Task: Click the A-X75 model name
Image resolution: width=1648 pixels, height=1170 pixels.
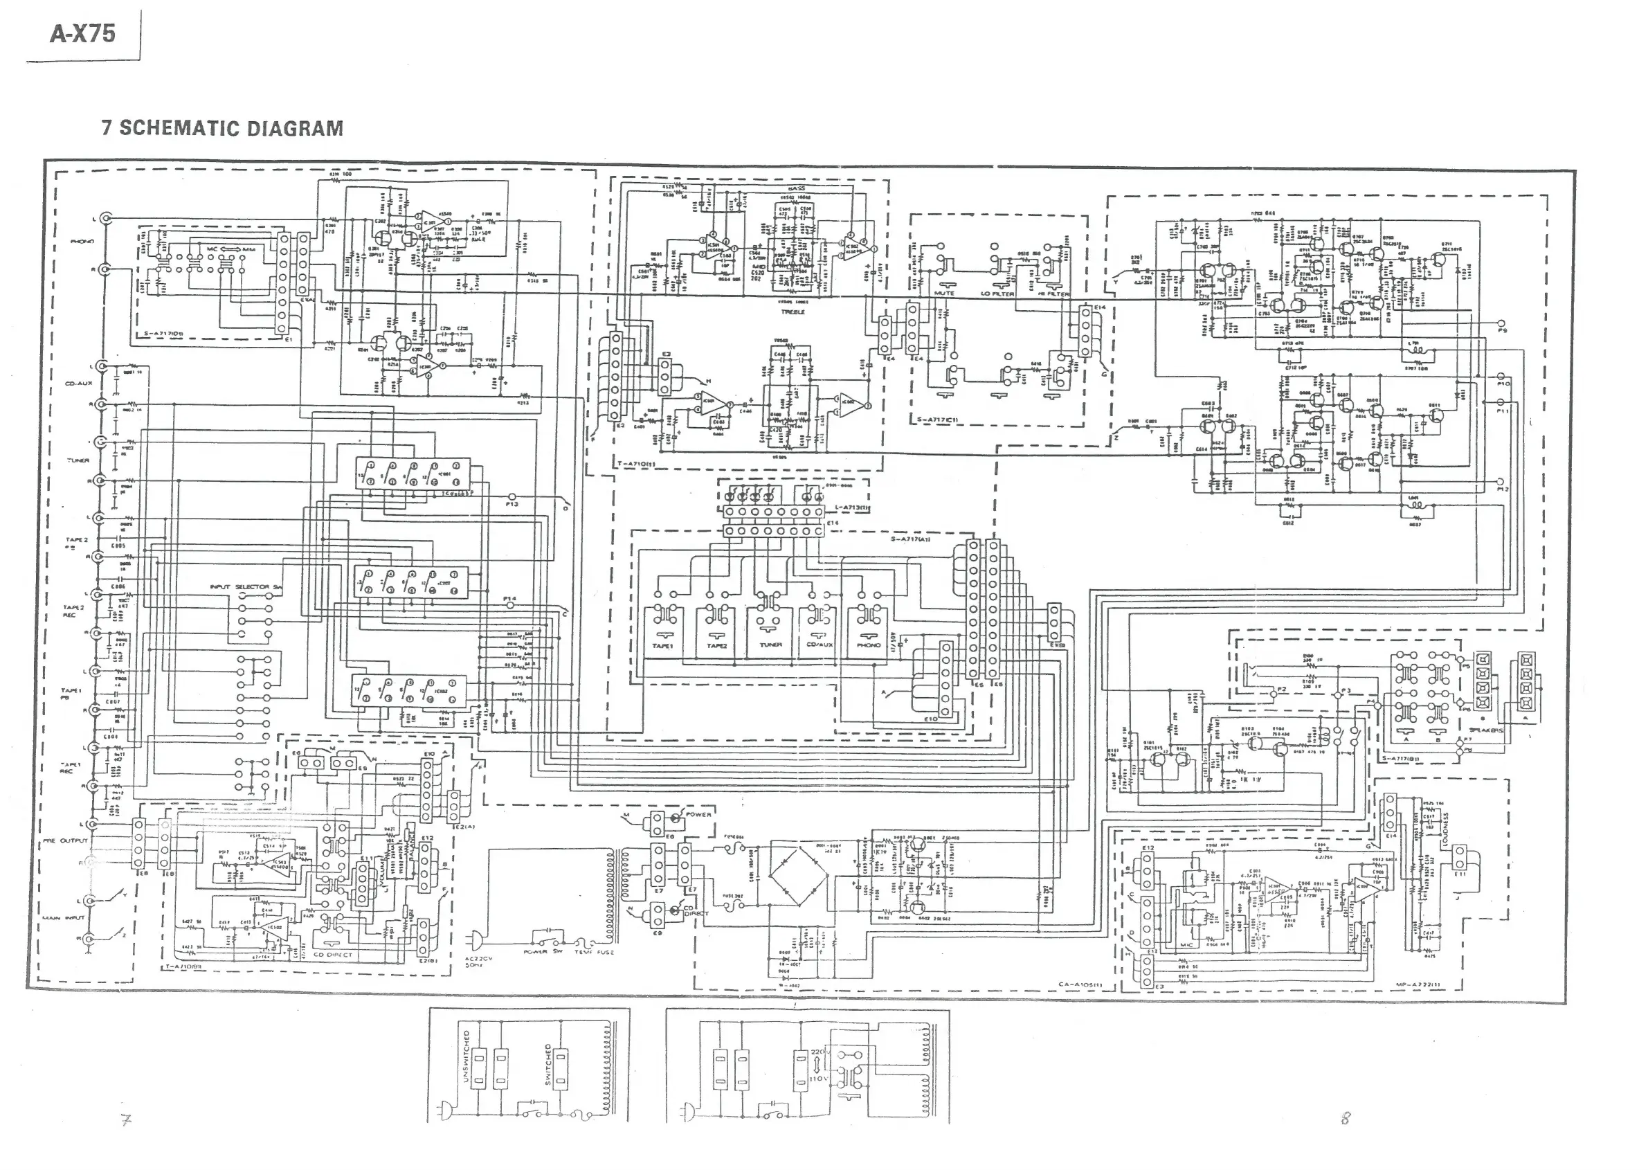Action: tap(82, 34)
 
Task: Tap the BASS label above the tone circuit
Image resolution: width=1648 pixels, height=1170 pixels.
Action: tap(796, 188)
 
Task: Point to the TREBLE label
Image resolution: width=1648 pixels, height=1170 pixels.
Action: tap(793, 312)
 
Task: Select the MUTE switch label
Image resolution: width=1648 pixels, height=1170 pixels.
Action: tap(944, 294)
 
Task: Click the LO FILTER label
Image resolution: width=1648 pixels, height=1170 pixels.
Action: tap(997, 294)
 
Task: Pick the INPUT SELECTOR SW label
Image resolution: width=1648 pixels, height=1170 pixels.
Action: tap(246, 587)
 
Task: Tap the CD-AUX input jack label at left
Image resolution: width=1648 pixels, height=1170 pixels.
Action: tap(76, 384)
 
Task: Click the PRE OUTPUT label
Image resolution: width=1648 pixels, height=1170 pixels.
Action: tap(65, 840)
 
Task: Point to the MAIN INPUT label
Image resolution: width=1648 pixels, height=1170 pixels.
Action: tap(64, 918)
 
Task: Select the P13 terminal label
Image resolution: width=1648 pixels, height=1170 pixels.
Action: tap(511, 504)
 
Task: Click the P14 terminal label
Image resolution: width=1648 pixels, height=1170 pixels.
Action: tap(510, 599)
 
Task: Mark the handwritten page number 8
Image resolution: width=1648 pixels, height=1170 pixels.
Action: tap(1346, 1117)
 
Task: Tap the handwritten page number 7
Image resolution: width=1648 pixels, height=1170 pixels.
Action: tap(127, 1119)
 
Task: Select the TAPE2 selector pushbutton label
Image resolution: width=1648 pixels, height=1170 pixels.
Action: tap(716, 645)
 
